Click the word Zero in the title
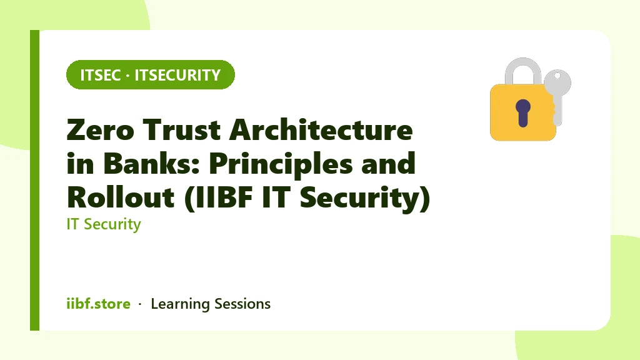tap(101, 130)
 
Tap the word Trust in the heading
tap(182, 130)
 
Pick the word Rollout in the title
tap(121, 197)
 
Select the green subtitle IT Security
tap(104, 224)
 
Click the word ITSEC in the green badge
tap(101, 75)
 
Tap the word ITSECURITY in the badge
tap(177, 75)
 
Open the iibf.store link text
tap(98, 304)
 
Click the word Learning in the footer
tap(180, 304)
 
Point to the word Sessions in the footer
tap(242, 304)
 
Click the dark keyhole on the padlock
tap(523, 112)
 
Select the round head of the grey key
tap(557, 82)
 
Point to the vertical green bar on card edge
tap(35, 180)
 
